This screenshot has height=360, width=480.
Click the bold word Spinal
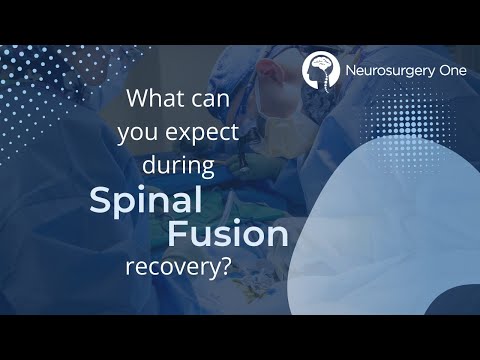click(147, 199)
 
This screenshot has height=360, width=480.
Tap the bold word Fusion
click(228, 236)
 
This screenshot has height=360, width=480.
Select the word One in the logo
click(448, 70)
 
